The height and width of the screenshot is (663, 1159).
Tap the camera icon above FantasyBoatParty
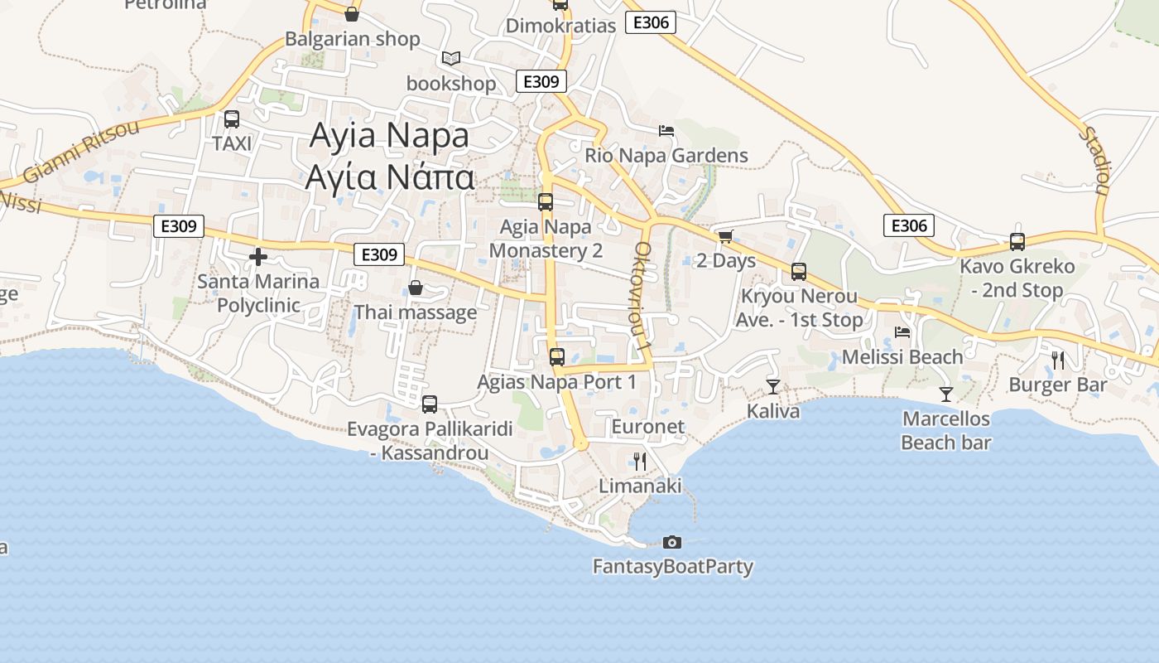click(672, 542)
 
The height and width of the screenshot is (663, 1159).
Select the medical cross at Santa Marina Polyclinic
click(258, 257)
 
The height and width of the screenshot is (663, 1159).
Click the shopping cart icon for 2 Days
click(726, 236)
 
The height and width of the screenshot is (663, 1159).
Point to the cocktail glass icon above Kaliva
click(773, 386)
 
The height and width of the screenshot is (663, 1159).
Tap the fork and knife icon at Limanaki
click(640, 461)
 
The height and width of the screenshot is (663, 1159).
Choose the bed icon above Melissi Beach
click(902, 332)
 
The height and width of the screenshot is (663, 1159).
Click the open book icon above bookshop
click(450, 58)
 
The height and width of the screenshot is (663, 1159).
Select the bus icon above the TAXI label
click(232, 119)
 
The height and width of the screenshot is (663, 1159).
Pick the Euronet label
click(648, 427)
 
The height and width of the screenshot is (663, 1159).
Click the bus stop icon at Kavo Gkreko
click(1017, 242)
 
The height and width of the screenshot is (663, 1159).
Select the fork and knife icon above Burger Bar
click(1057, 360)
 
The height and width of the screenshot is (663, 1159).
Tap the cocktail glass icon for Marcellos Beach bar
click(946, 394)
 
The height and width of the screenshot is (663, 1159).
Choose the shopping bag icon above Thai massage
click(416, 288)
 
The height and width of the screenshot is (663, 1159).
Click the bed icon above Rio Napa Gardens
click(666, 131)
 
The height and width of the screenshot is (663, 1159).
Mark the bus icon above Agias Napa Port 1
click(557, 357)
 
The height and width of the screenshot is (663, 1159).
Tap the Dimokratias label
click(560, 26)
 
